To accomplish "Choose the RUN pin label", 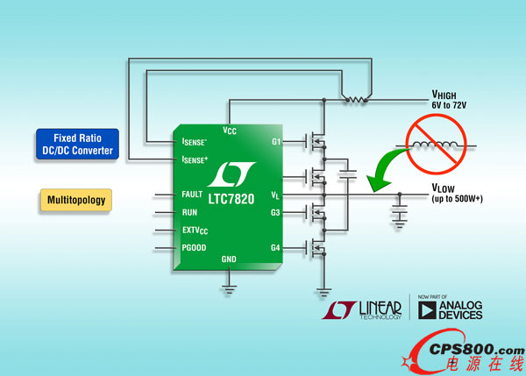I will [x=191, y=211].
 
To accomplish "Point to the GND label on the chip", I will [x=228, y=259].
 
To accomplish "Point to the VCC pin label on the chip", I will [x=230, y=130].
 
